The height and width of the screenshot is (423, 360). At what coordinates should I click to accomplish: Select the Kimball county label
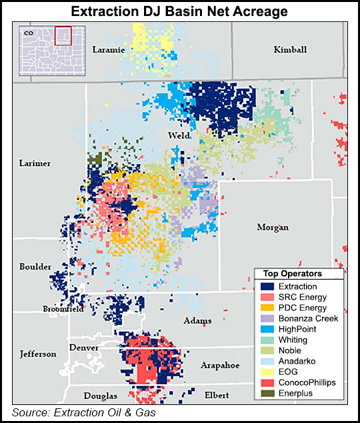click(290, 50)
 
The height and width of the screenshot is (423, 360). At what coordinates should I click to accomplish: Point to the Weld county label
click(179, 135)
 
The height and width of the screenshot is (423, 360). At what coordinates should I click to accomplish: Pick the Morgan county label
click(273, 228)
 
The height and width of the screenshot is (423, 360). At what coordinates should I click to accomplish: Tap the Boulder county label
click(35, 267)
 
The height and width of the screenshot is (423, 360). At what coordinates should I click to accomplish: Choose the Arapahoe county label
click(219, 366)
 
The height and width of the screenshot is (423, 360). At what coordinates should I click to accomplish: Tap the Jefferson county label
click(37, 354)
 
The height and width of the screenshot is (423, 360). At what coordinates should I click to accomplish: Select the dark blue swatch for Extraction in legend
click(265, 286)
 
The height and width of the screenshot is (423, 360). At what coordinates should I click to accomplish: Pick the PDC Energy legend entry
click(303, 308)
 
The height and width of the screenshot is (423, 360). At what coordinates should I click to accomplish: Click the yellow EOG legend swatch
click(265, 372)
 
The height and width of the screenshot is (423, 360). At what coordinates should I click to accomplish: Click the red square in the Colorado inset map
click(62, 35)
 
